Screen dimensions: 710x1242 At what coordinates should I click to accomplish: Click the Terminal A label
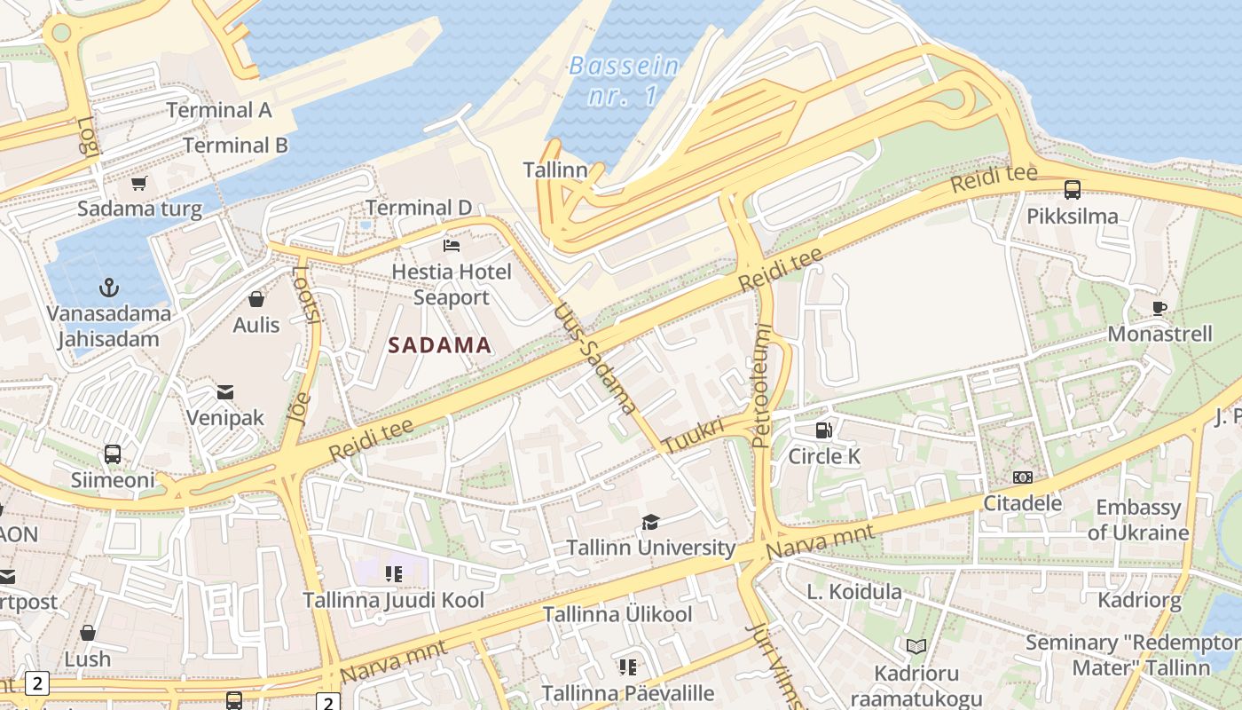click(219, 110)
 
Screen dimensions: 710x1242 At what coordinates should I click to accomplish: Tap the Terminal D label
click(419, 208)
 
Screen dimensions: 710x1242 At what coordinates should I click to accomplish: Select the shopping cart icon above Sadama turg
click(138, 184)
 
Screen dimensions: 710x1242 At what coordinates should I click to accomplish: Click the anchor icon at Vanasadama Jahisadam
click(109, 288)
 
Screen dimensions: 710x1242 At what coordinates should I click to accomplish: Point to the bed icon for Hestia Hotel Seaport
click(452, 245)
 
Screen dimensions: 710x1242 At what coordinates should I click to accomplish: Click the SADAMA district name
click(440, 345)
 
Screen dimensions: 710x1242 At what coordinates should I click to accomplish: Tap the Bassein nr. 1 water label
click(625, 80)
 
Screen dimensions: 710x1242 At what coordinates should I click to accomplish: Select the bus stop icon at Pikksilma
click(1073, 189)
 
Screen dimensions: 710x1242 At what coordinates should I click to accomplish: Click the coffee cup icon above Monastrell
click(1159, 308)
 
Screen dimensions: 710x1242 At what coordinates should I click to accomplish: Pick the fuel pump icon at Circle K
click(824, 430)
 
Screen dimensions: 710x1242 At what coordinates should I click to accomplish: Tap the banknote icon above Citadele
click(1023, 477)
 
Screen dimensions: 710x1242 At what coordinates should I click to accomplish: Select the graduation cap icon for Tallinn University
click(650, 522)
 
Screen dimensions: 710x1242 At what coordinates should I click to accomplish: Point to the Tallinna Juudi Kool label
click(394, 600)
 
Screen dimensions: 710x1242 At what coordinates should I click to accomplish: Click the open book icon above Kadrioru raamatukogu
click(916, 647)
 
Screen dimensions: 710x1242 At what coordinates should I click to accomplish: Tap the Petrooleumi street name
click(762, 385)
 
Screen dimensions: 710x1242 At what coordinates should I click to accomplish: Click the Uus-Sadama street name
click(595, 359)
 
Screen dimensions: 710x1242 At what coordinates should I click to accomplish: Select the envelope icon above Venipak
click(225, 391)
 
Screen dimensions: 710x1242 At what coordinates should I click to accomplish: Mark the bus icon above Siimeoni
click(113, 454)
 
